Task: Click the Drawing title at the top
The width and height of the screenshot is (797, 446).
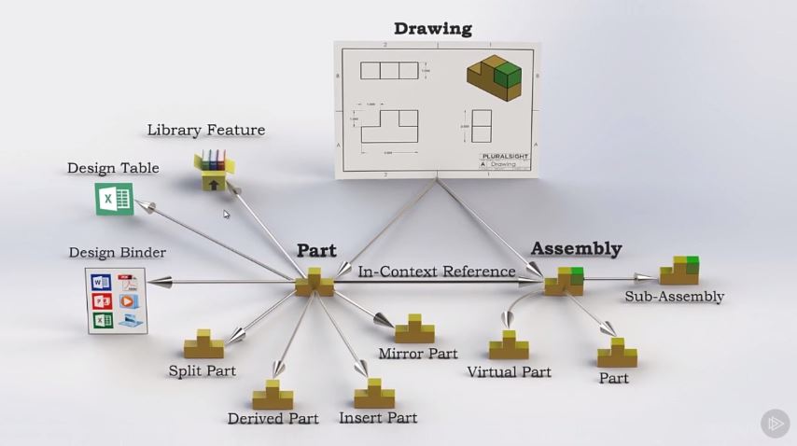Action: click(x=432, y=28)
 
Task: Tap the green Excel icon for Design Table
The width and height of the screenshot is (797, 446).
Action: click(x=114, y=199)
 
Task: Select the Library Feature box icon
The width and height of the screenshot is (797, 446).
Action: click(x=214, y=171)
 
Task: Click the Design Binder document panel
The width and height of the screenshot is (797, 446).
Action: click(x=117, y=300)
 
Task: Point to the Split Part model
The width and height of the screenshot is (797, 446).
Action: click(x=203, y=345)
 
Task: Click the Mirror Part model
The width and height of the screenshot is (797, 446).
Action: click(x=414, y=329)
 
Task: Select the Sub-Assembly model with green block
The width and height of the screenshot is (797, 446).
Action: click(x=679, y=271)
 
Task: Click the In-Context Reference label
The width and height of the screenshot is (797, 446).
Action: click(x=437, y=272)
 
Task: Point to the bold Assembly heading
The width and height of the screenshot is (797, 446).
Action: click(x=576, y=248)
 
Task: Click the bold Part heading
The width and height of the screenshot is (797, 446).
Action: click(x=316, y=250)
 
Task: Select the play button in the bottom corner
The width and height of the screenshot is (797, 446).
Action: click(x=775, y=424)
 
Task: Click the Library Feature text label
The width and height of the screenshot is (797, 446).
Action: click(x=205, y=130)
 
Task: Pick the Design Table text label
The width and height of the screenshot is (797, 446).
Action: click(x=113, y=168)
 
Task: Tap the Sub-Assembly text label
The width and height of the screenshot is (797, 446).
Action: click(x=675, y=297)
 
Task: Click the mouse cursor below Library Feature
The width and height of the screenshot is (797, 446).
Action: click(x=226, y=215)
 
